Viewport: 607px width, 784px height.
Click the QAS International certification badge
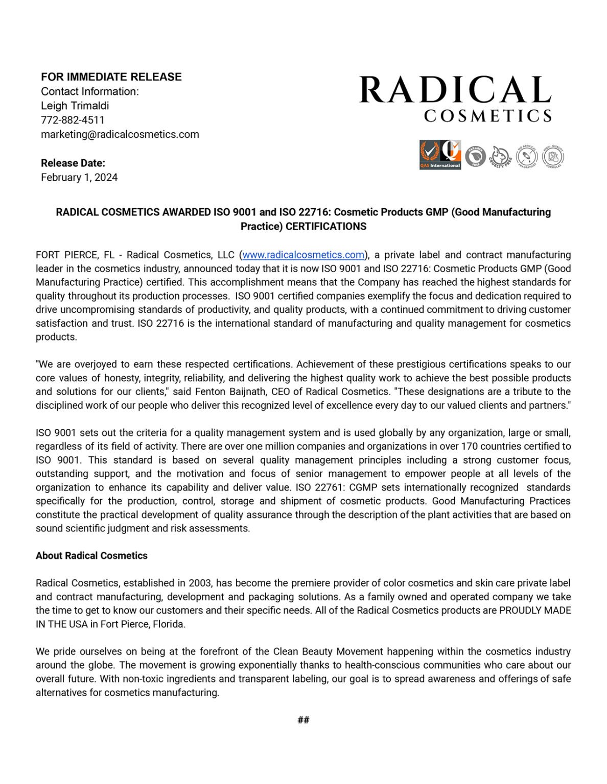(440, 155)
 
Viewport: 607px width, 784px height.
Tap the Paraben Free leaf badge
(475, 156)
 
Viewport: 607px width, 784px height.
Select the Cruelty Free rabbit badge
(501, 156)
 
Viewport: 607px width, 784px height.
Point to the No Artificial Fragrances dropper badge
(527, 156)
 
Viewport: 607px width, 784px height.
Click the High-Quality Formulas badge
(553, 156)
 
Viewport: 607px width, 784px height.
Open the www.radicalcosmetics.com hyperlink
(303, 255)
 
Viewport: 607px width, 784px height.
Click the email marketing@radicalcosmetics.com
(120, 134)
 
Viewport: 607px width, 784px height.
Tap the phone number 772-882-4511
(73, 120)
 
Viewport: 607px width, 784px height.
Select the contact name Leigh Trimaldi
(75, 106)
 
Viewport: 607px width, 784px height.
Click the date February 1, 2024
(79, 177)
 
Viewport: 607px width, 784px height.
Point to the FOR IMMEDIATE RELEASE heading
(111, 77)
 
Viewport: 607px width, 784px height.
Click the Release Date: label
(73, 163)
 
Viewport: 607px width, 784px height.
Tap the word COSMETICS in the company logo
(487, 116)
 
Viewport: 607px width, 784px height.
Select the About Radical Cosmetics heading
(91, 555)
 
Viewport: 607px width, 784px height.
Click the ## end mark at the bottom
(303, 720)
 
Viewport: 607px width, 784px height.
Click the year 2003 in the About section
(199, 583)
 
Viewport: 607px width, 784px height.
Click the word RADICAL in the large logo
(455, 90)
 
